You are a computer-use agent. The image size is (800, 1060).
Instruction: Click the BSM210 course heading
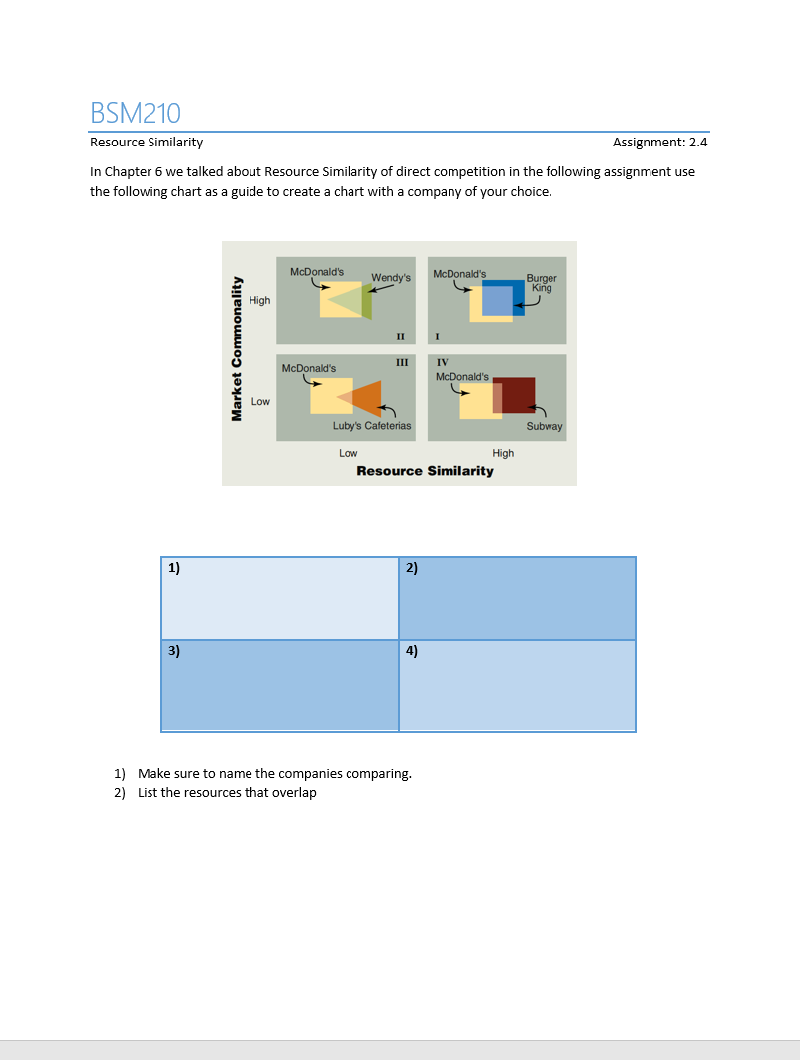coord(136,113)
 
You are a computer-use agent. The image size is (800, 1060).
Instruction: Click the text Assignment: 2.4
coord(659,143)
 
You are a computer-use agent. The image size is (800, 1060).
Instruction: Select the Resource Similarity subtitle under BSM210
coord(147,143)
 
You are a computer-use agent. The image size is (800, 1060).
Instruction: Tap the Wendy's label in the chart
coord(390,278)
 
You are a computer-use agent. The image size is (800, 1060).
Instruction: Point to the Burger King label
coord(541,283)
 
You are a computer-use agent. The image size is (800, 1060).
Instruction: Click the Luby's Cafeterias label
coord(371,426)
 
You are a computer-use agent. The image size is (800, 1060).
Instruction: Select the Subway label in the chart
coord(544,426)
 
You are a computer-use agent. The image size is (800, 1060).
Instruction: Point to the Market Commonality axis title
coord(236,346)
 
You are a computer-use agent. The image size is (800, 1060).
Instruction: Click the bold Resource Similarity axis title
coord(425,471)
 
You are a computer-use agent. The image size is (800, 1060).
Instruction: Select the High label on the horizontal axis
coord(503,453)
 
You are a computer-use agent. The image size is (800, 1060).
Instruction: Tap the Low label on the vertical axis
coord(260,401)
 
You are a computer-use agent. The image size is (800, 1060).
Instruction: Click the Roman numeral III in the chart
coord(401,363)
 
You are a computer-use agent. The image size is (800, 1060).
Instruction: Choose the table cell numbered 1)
coord(280,598)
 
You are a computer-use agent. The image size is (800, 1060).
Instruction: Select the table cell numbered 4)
coord(517,686)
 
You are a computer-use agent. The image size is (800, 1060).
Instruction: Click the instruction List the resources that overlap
coord(227,793)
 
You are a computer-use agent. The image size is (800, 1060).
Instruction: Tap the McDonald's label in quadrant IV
coord(461,377)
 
